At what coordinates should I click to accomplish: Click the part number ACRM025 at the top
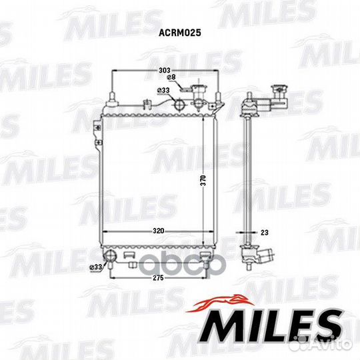(x=180, y=33)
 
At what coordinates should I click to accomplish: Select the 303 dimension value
(x=165, y=70)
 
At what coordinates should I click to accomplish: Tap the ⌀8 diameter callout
(x=171, y=77)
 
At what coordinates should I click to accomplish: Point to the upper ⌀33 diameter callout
(x=163, y=90)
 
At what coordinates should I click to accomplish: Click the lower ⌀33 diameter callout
(x=96, y=267)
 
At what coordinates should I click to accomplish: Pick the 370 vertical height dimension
(x=203, y=180)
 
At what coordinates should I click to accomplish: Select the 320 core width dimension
(x=159, y=231)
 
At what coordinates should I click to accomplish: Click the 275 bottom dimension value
(x=159, y=278)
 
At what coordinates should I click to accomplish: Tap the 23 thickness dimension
(x=265, y=233)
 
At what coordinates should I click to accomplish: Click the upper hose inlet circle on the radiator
(x=179, y=105)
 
